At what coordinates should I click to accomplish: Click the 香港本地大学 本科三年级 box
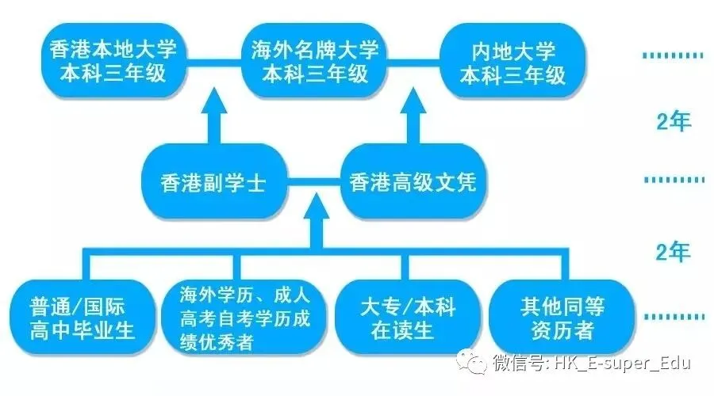tap(113, 64)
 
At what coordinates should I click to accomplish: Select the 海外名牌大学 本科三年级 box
tap(315, 64)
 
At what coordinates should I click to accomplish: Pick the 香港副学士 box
tap(213, 185)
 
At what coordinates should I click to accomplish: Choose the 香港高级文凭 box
tap(413, 185)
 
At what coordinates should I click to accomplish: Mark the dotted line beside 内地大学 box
tap(667, 56)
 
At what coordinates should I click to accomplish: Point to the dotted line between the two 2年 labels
tap(667, 180)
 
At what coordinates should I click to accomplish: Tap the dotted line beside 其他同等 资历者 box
tap(667, 317)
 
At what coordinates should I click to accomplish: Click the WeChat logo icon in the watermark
tap(476, 364)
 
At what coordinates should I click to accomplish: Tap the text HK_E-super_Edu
tap(621, 364)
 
